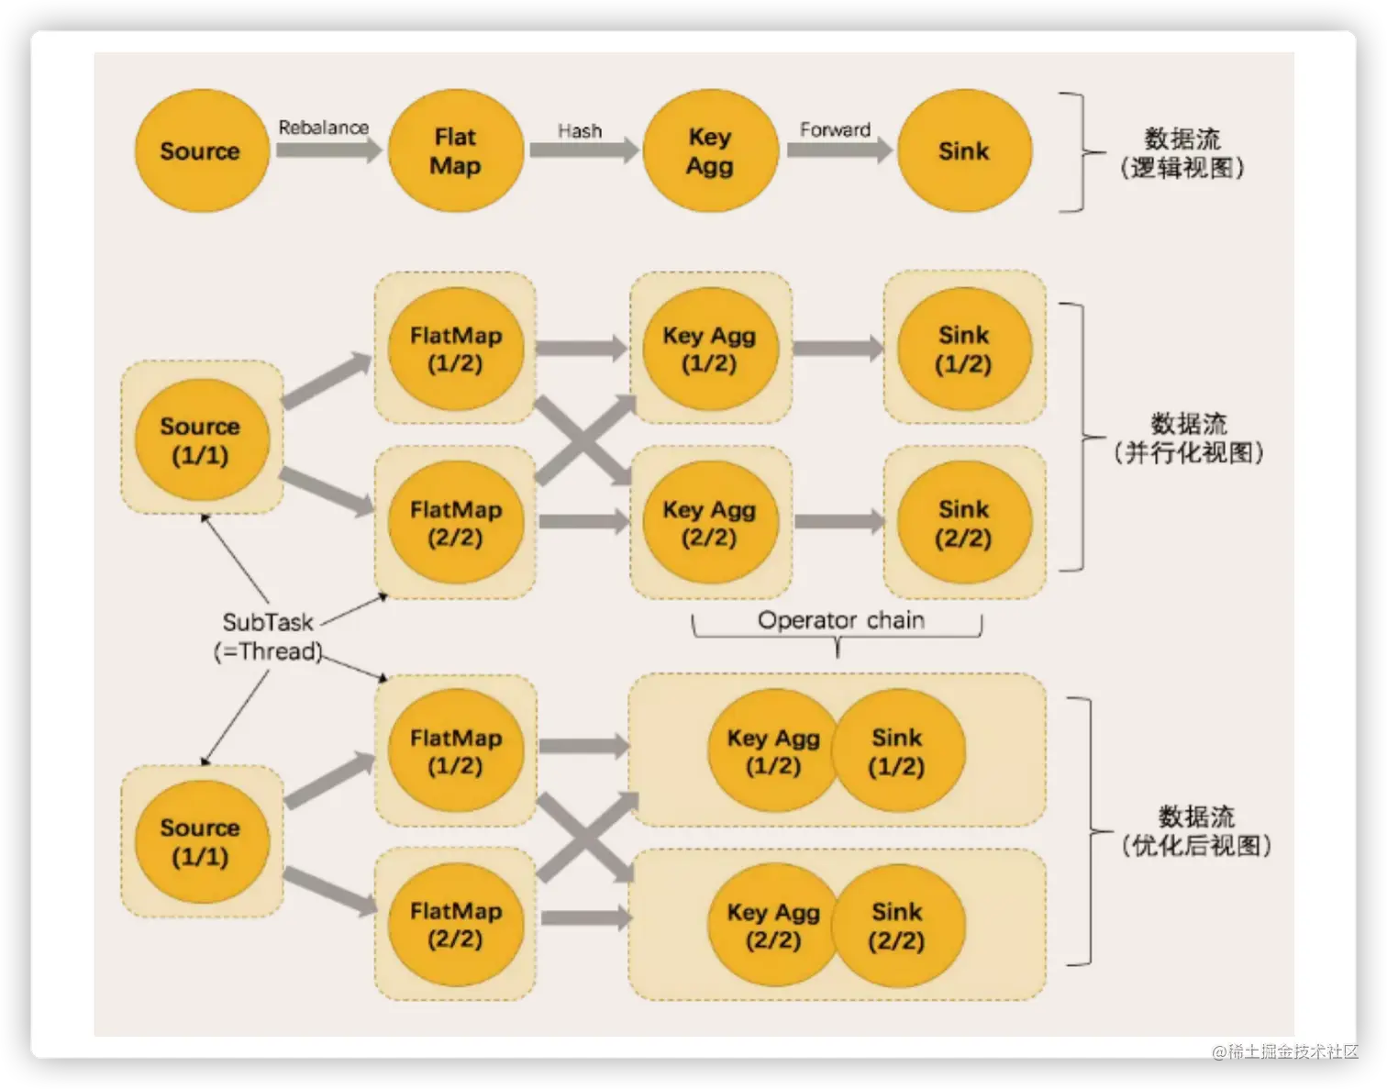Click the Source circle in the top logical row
pos(202,150)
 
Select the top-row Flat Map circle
pos(456,150)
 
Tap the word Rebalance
pos(324,128)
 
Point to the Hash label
pos(580,131)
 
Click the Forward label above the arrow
pos(836,129)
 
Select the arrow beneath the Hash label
pos(584,150)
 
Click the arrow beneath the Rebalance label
pos(328,150)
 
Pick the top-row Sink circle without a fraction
pos(964,150)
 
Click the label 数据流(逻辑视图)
pos(1182,153)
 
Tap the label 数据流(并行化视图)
pos(1189,438)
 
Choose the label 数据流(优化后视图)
pos(1196,831)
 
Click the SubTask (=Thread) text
pos(268,637)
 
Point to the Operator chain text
pos(840,620)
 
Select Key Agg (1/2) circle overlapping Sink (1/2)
pos(773,750)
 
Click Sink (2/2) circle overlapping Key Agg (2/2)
pos(898,926)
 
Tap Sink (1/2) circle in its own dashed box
pos(964,349)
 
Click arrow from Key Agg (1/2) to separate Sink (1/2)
pos(838,349)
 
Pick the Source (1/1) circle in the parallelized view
pos(202,439)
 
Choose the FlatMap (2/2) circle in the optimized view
pos(456,924)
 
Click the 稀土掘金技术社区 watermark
pos(1285,1051)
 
